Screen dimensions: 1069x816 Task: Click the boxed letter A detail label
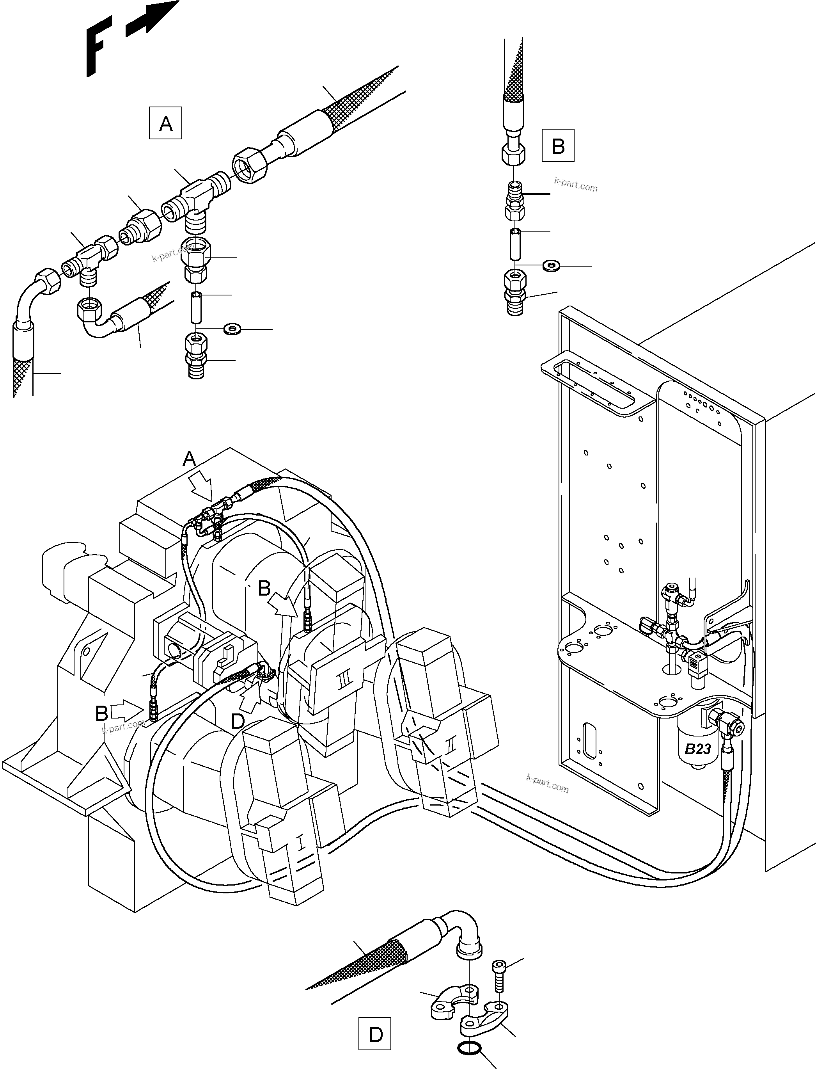tap(166, 123)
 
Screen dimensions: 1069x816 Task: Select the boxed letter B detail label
tap(558, 145)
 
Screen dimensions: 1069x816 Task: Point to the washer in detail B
tap(551, 265)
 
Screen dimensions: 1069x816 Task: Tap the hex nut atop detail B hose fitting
tap(513, 155)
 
